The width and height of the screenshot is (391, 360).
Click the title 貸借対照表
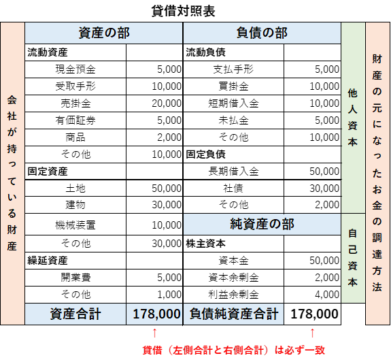coord(183,11)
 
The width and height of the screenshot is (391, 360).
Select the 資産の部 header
coord(104,33)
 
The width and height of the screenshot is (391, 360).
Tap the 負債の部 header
coord(262,33)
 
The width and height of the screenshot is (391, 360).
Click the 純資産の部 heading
coord(262,224)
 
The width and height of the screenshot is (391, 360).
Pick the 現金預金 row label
coord(75,69)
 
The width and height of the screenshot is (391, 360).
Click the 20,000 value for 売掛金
coord(167,103)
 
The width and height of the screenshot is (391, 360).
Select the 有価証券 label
coord(75,120)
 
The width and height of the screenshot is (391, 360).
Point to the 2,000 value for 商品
coord(169,137)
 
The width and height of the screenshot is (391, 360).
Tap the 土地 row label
coord(75,189)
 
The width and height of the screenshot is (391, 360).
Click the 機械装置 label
coord(75,225)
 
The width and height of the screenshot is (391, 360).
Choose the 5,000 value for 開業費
coord(169,278)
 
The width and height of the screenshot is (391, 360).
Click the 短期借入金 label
coord(233,103)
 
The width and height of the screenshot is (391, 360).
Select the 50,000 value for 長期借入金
coord(324,171)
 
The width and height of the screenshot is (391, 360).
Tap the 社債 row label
coord(233,189)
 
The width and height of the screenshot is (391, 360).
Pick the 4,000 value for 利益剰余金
coord(327,295)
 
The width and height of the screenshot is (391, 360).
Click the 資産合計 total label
coord(75,314)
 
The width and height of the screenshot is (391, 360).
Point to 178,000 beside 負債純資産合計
coord(314,314)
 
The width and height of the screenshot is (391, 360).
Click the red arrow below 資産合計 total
coord(154,333)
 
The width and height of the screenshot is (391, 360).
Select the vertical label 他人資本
coord(353,118)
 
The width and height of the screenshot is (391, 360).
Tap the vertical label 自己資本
coord(353,258)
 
